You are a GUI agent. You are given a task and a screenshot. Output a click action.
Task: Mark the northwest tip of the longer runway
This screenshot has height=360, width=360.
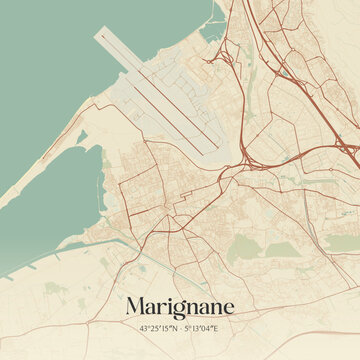99,35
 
